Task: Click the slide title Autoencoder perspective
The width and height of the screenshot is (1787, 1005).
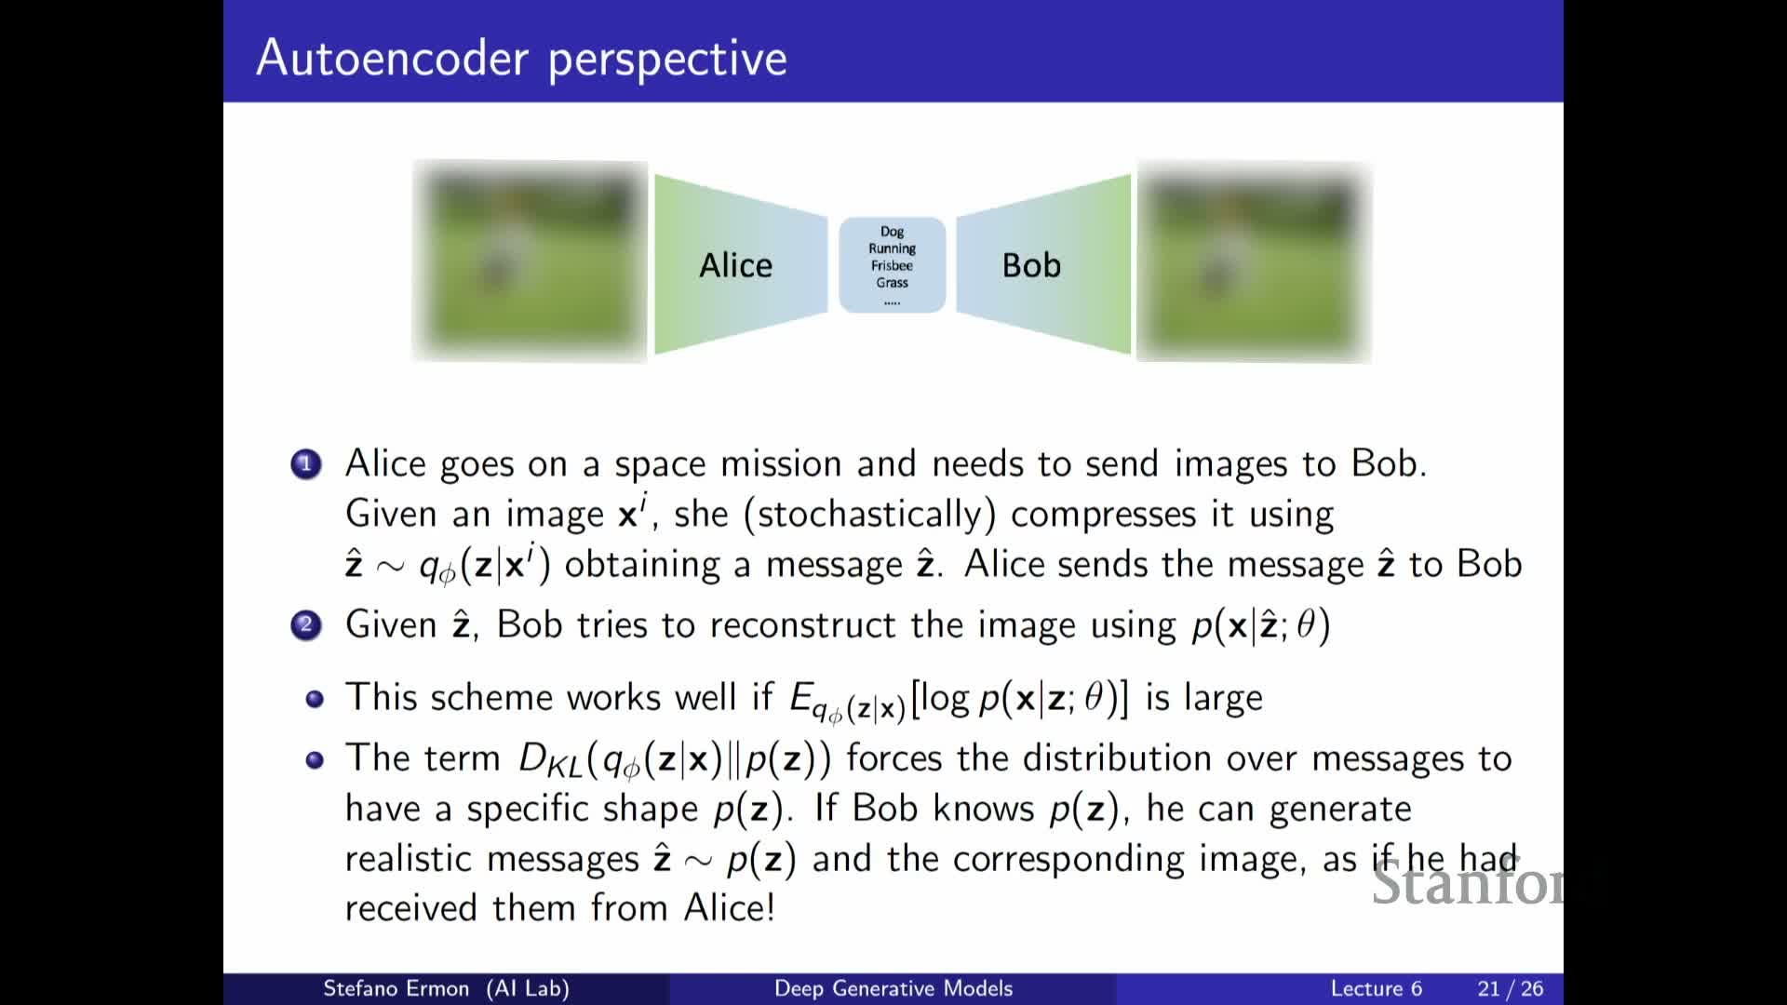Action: pos(521,59)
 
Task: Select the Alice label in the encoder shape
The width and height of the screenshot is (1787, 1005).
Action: pos(735,265)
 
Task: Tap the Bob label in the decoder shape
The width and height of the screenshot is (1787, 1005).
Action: pos(1031,265)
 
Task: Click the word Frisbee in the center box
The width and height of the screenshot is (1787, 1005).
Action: pos(892,265)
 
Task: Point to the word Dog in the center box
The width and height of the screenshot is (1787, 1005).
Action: pos(892,232)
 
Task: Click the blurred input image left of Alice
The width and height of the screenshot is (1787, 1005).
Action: pos(530,261)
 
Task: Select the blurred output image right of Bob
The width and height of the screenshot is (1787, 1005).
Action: pos(1254,261)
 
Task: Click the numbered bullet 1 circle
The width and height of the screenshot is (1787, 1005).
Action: pos(305,463)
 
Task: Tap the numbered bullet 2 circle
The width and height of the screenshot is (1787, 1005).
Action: pos(305,625)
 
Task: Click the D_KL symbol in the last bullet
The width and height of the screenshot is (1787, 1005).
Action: pos(549,760)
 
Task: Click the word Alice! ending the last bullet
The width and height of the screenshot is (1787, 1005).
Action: pos(730,907)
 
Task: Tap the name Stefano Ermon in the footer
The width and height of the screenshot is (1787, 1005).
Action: pos(396,988)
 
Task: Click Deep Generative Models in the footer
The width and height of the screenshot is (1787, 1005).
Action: pos(893,988)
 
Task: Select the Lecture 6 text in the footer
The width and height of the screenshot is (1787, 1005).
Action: pos(1376,988)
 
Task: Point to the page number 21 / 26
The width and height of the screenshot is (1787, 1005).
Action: pos(1510,988)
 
